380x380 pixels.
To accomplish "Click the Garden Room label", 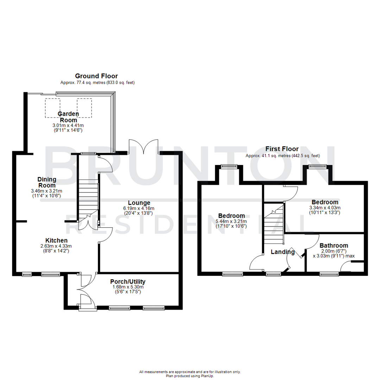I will [x=68, y=117].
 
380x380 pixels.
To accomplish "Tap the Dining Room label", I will [x=47, y=182].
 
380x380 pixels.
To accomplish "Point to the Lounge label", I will [x=139, y=203].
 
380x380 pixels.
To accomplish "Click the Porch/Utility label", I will [x=128, y=281].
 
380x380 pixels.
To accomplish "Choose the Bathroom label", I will [x=334, y=246].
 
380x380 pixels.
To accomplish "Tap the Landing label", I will [x=283, y=252].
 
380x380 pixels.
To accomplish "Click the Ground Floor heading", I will [x=96, y=76].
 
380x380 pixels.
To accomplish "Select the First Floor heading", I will [x=282, y=149].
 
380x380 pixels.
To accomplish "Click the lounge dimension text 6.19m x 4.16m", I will [x=139, y=208].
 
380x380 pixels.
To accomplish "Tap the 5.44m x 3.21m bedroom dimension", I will [x=232, y=221].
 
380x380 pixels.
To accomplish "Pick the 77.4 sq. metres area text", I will [x=97, y=83].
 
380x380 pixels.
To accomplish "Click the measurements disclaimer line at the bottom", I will [x=190, y=372].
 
